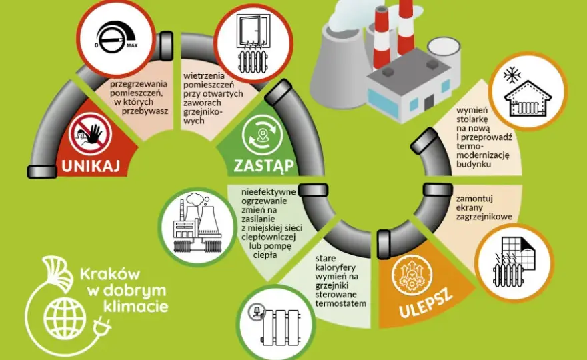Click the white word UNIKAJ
coord(91,165)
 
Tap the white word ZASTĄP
coord(264,165)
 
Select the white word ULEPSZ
coord(426,303)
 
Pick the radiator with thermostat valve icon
coord(275,323)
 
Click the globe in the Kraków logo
coord(65,318)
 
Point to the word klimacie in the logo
coord(135,307)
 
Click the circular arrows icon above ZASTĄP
coord(261,134)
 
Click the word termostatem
coord(340,303)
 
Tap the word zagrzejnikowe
coord(484,217)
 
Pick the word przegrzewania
coord(139,84)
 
